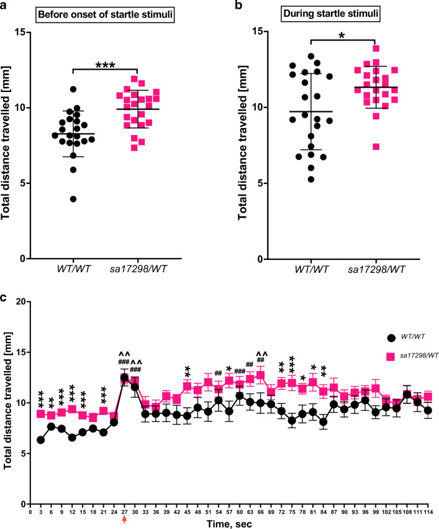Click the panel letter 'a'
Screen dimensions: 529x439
pyautogui.click(x=6, y=7)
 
